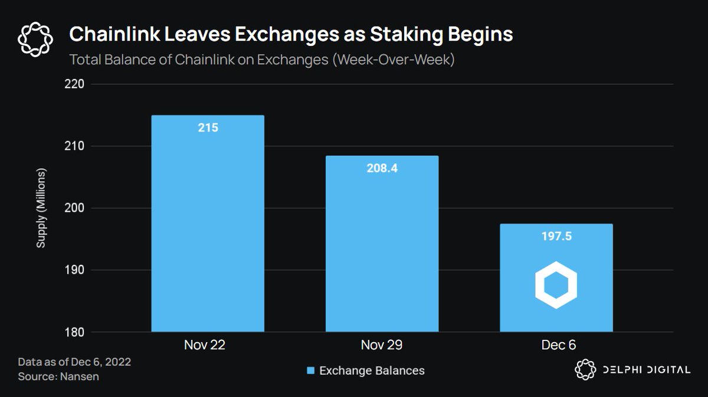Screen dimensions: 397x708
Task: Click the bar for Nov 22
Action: [208, 224]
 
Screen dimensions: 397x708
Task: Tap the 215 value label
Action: [208, 127]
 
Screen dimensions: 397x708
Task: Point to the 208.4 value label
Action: [382, 169]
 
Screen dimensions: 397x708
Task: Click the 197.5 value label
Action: [556, 237]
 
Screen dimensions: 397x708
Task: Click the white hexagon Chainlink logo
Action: [556, 285]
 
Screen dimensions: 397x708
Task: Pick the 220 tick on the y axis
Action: [75, 84]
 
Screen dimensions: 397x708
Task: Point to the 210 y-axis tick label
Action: [75, 146]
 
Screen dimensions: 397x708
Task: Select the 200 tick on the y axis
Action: [75, 208]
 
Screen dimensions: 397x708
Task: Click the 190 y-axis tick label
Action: [75, 270]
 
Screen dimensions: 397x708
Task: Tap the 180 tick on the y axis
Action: [75, 332]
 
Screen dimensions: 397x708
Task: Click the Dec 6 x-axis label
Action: [556, 346]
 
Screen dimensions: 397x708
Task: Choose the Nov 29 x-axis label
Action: [382, 346]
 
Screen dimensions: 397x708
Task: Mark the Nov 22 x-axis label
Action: [208, 346]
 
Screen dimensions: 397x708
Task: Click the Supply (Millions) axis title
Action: [41, 208]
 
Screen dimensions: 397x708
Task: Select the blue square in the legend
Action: [310, 370]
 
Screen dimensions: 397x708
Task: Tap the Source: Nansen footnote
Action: [58, 376]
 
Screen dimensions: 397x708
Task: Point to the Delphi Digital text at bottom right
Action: [645, 370]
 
